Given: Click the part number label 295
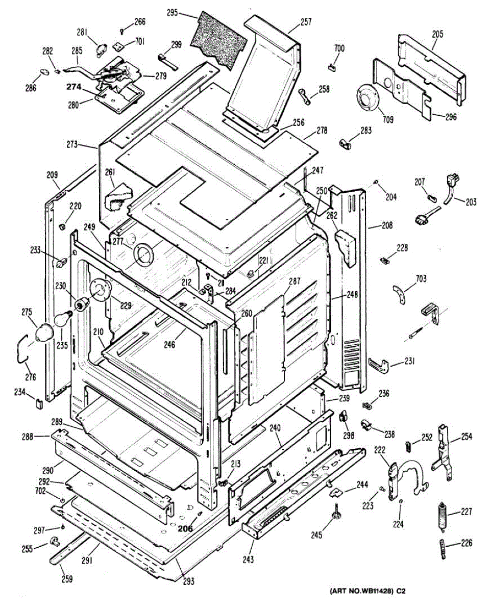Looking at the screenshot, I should click(x=172, y=13).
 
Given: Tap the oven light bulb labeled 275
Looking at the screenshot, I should click(x=45, y=331).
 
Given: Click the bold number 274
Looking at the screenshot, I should click(x=73, y=87).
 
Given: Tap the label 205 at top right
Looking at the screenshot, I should click(x=437, y=34).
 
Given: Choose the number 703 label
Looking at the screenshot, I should click(x=421, y=278).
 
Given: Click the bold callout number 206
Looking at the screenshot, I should click(x=185, y=529).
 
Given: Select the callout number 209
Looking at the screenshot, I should click(x=53, y=174).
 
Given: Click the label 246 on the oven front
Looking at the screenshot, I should click(x=169, y=345).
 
